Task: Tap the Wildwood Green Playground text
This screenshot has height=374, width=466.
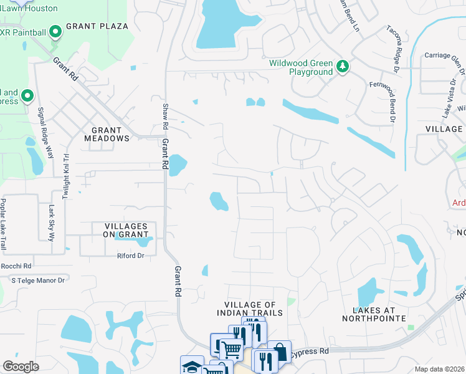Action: (301, 67)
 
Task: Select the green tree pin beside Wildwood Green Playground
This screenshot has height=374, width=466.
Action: (342, 66)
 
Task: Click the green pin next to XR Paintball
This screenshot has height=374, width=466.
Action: (55, 31)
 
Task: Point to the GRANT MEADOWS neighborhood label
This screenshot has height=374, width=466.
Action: (107, 134)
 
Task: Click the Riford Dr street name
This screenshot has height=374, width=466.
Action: (131, 256)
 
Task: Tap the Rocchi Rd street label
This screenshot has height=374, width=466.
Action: (16, 266)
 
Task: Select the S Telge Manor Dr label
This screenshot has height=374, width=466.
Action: (39, 280)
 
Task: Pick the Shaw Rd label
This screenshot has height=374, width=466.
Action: (165, 116)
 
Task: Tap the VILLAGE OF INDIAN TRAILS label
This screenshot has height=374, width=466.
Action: (250, 308)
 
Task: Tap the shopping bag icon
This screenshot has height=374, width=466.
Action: (280, 351)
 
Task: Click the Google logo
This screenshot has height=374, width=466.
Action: (21, 367)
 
